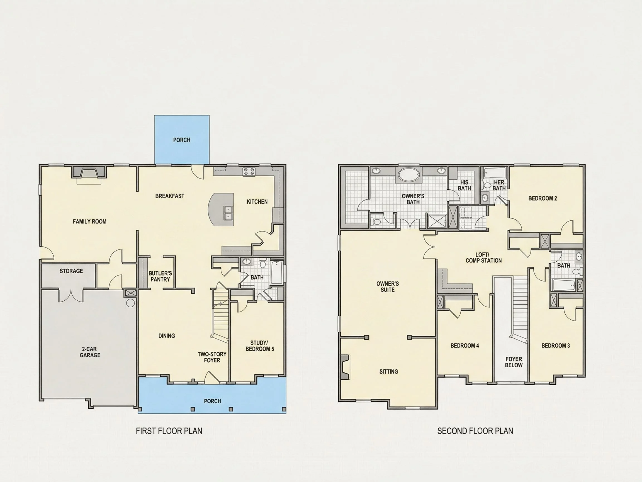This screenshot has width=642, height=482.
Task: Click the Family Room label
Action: [x=89, y=222]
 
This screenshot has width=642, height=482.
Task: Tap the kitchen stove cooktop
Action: [x=249, y=172]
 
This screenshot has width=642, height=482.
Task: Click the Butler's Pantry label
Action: [x=160, y=276]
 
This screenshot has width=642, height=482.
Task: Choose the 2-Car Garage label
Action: [x=90, y=352]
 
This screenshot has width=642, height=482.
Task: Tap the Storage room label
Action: [x=71, y=271]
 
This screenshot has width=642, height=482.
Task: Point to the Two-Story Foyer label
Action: [x=212, y=357]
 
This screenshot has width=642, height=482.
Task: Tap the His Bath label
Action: [x=464, y=185]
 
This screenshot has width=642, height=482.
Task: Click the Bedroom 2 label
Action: [x=543, y=198]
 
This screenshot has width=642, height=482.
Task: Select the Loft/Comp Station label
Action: [x=483, y=258]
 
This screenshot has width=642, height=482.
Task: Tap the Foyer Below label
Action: [x=514, y=362]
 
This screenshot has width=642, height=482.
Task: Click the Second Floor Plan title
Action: [x=475, y=431]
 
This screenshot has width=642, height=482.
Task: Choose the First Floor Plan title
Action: [x=169, y=431]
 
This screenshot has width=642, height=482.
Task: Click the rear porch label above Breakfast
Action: [x=182, y=140]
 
